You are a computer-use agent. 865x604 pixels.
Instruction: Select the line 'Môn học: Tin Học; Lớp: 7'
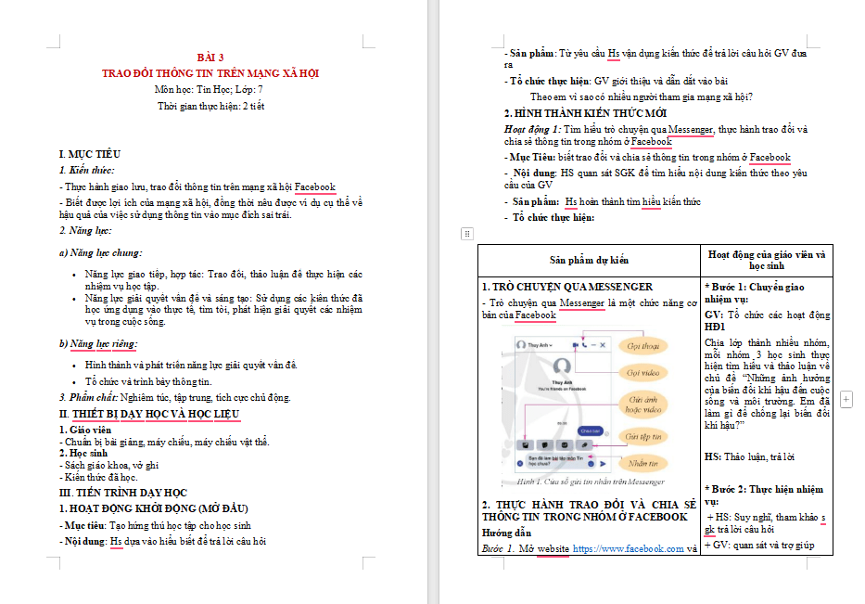coord(210,89)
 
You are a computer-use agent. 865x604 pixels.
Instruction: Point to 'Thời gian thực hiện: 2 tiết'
coord(210,106)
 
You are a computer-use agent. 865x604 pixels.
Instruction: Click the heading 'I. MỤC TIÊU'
coord(89,154)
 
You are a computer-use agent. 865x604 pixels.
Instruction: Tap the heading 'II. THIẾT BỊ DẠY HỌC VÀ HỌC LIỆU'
coord(149,413)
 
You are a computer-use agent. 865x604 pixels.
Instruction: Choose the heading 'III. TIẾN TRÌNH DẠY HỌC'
coord(123,492)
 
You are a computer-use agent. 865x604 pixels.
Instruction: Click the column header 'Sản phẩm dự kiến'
coord(589,260)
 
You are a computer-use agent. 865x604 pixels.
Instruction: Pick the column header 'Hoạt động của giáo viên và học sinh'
coord(767,260)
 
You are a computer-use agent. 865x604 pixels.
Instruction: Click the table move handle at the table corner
coord(467,233)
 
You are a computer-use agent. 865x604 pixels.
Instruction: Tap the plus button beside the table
coord(846,399)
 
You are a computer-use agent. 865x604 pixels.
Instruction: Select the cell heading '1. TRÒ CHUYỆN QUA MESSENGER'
coord(567,287)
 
